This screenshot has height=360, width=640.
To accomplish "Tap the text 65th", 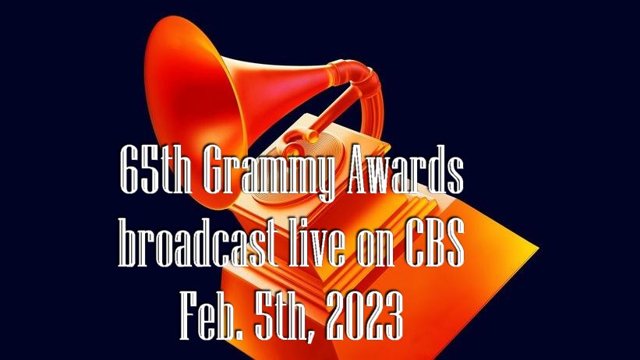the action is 156,170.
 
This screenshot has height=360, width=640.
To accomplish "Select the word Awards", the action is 405,170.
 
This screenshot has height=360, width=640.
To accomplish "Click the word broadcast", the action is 198,243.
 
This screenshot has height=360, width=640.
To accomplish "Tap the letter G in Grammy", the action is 217,170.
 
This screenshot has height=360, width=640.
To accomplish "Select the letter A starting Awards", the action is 360,170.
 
